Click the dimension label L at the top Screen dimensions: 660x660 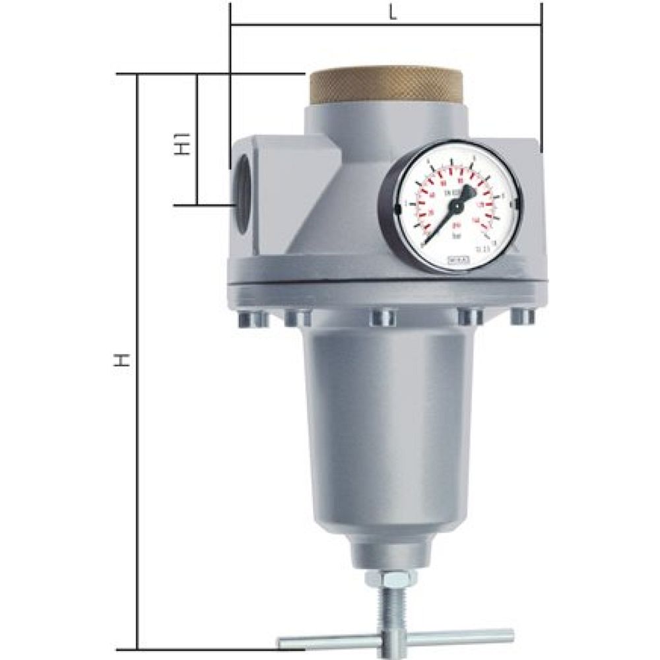[x=393, y=14]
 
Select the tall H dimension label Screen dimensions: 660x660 [x=119, y=360]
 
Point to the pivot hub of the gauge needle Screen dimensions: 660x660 [x=455, y=206]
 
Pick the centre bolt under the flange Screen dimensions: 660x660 [x=383, y=317]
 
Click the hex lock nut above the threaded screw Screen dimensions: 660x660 [x=390, y=578]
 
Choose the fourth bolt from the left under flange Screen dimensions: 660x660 [x=470, y=317]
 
